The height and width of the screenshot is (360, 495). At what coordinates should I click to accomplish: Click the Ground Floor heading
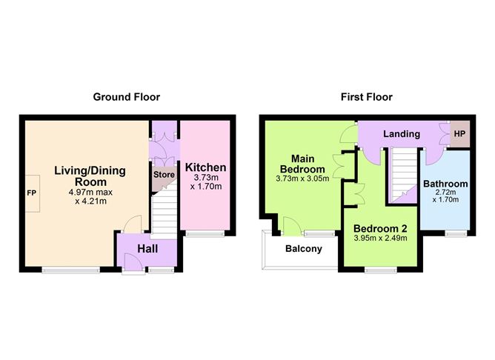(127, 97)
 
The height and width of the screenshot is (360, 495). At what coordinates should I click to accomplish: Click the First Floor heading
(367, 97)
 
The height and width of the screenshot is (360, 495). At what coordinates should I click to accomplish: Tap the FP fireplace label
(32, 193)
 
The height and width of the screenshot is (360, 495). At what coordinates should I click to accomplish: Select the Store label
(164, 175)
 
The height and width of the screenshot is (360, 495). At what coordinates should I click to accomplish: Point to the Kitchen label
(205, 167)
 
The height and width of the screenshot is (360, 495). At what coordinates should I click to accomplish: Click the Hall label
(147, 249)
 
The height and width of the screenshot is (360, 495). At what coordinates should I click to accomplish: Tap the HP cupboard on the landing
(459, 134)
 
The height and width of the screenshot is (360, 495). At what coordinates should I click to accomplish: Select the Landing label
(402, 134)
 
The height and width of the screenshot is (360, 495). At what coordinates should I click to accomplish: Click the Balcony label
(304, 249)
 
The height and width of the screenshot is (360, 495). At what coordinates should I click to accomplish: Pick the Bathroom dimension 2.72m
(446, 192)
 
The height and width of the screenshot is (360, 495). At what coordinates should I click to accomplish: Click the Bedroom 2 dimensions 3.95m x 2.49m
(380, 238)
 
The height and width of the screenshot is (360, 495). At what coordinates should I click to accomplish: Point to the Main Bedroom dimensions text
(302, 179)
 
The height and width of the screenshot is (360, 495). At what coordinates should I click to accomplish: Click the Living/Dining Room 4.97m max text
(90, 192)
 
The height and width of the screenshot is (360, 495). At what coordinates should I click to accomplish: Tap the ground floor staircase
(165, 211)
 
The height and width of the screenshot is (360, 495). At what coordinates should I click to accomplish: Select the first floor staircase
(405, 175)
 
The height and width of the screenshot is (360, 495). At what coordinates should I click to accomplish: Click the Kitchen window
(205, 233)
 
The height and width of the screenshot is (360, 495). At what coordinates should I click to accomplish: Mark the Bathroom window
(456, 233)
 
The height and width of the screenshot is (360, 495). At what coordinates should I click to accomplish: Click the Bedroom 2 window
(381, 270)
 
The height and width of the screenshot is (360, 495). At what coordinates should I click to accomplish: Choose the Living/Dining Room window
(71, 270)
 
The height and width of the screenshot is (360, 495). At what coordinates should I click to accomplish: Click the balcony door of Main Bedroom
(290, 227)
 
